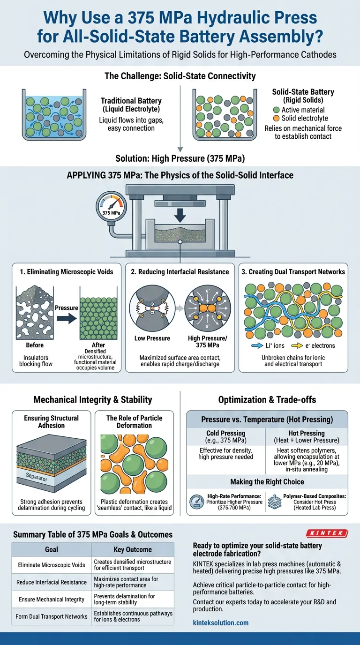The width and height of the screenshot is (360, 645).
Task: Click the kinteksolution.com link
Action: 221,622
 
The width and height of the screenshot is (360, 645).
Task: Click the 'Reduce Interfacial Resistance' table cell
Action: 52,582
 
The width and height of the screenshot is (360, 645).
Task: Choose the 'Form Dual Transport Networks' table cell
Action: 52,616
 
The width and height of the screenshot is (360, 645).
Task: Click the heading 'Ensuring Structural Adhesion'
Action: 52,421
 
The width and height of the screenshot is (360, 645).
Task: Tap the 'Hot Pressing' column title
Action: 307,434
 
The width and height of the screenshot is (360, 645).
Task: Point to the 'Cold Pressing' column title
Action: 226,434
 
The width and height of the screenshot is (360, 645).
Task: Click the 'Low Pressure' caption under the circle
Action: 152,338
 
